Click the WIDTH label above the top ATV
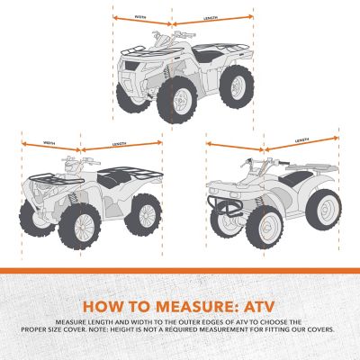point(140,17)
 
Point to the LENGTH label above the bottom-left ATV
point(119,144)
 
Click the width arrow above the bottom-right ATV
point(234,143)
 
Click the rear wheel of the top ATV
point(235,88)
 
